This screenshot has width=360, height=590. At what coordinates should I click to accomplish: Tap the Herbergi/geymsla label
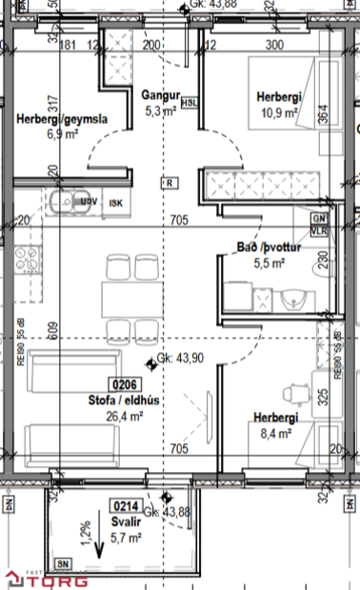pos(61,120)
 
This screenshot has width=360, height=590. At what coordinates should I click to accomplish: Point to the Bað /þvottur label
pos(268,248)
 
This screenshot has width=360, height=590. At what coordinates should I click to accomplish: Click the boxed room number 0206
pos(126,385)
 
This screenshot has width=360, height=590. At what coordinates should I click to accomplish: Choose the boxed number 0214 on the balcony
pos(126,506)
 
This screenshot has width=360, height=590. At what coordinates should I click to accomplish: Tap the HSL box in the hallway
pos(190,103)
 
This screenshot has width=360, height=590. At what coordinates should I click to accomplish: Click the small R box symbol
pos(169,182)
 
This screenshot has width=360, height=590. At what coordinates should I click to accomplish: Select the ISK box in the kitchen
pos(116,202)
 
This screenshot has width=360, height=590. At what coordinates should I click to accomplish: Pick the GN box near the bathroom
pos(317,218)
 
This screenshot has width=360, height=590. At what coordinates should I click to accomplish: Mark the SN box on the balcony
pos(63,562)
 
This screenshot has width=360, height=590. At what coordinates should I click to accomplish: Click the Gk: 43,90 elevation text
pos(182,361)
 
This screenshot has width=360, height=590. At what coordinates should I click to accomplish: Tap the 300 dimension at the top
pos(274,45)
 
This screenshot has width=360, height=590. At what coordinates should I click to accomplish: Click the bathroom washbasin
pos(294,301)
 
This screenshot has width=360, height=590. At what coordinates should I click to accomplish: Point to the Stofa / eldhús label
pos(122,401)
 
